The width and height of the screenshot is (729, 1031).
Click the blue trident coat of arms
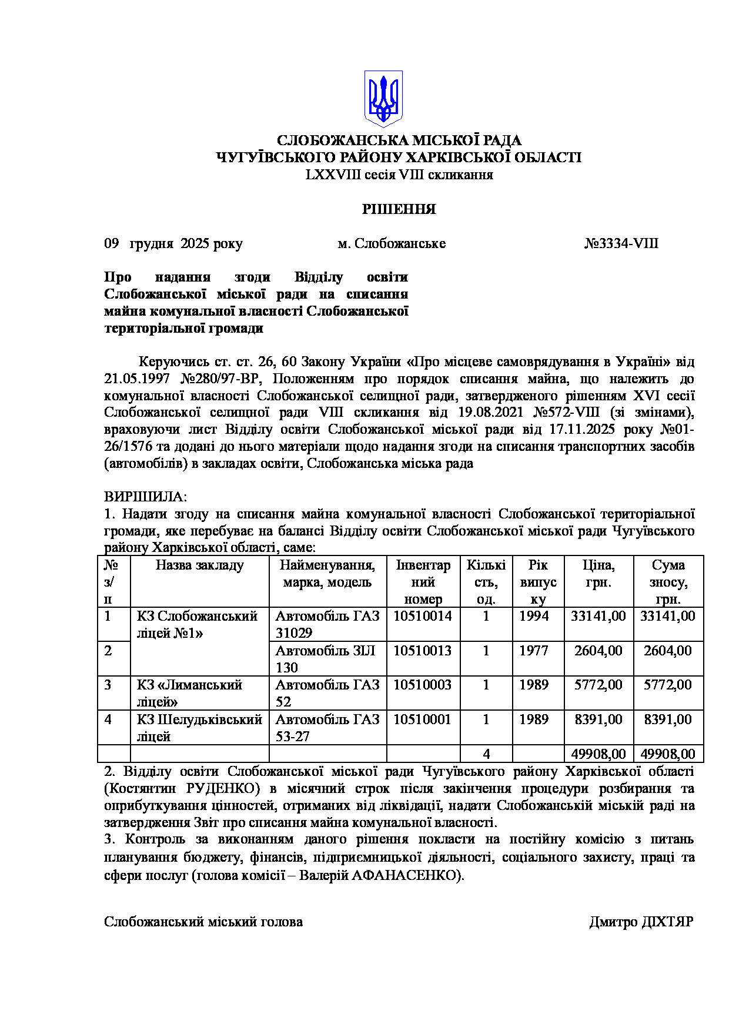click(x=383, y=98)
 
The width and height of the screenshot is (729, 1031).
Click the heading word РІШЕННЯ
click(x=399, y=209)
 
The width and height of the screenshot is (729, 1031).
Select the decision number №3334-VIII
click(x=621, y=243)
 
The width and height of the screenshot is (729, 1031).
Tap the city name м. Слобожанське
click(x=392, y=243)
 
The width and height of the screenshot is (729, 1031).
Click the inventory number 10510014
click(x=423, y=616)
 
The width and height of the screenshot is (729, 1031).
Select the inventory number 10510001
click(x=423, y=719)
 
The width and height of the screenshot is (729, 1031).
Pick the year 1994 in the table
click(x=533, y=616)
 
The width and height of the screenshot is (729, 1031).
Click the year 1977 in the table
click(x=533, y=651)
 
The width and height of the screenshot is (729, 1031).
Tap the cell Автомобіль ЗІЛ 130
click(x=326, y=659)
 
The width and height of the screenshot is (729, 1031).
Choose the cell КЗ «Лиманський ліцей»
click(x=189, y=693)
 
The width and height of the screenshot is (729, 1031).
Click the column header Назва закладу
click(x=199, y=565)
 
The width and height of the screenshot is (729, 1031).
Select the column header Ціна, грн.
click(x=598, y=574)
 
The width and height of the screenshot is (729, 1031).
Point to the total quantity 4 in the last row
click(x=486, y=754)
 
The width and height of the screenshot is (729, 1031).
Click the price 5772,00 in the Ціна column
click(x=598, y=685)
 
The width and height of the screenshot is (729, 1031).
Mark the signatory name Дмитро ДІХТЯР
click(x=641, y=922)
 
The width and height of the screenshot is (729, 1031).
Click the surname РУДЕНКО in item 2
click(x=223, y=788)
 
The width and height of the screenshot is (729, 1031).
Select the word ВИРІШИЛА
click(x=145, y=497)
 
